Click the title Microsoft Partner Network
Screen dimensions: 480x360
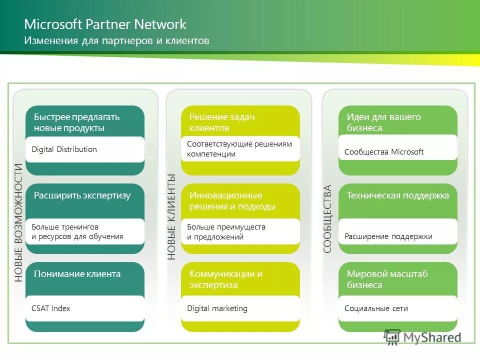coord(105,24)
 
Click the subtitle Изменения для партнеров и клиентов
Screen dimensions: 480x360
coord(116,40)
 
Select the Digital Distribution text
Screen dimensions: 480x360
coord(64,149)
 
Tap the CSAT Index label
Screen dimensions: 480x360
coord(51,308)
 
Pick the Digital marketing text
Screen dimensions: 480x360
coord(217,308)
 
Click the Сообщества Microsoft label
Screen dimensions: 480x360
coord(384,152)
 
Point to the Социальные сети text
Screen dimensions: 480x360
coord(376,308)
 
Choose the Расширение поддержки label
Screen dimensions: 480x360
coord(388,236)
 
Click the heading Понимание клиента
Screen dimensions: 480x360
coord(77,273)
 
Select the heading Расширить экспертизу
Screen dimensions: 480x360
coord(82,195)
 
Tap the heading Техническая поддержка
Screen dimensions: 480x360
coord(398,195)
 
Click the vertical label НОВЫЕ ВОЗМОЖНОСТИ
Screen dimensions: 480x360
coord(18,222)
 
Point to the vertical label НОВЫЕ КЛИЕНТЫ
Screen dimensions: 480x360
coord(171,216)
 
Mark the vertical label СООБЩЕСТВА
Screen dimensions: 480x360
coord(327,219)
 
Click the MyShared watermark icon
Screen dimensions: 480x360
coord(392,337)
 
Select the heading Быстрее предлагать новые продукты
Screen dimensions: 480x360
coord(76,122)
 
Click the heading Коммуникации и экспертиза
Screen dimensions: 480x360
coord(225,279)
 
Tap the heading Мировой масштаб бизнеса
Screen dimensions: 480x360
coord(387,279)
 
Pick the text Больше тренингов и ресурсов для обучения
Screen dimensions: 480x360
coord(77,231)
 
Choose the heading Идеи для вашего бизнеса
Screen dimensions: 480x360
coord(384,122)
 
